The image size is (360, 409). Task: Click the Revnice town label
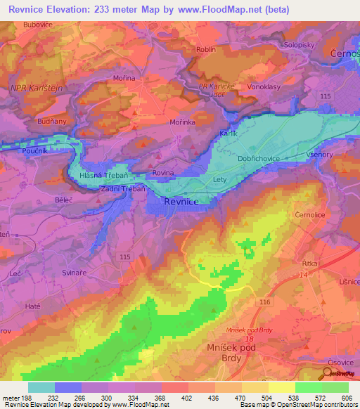click(x=181, y=202)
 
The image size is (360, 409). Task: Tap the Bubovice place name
click(x=39, y=25)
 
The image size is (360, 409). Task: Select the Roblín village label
click(x=206, y=50)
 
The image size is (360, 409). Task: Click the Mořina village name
click(x=125, y=78)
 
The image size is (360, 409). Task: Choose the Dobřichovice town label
click(x=262, y=160)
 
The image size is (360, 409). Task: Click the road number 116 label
click(x=264, y=301)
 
